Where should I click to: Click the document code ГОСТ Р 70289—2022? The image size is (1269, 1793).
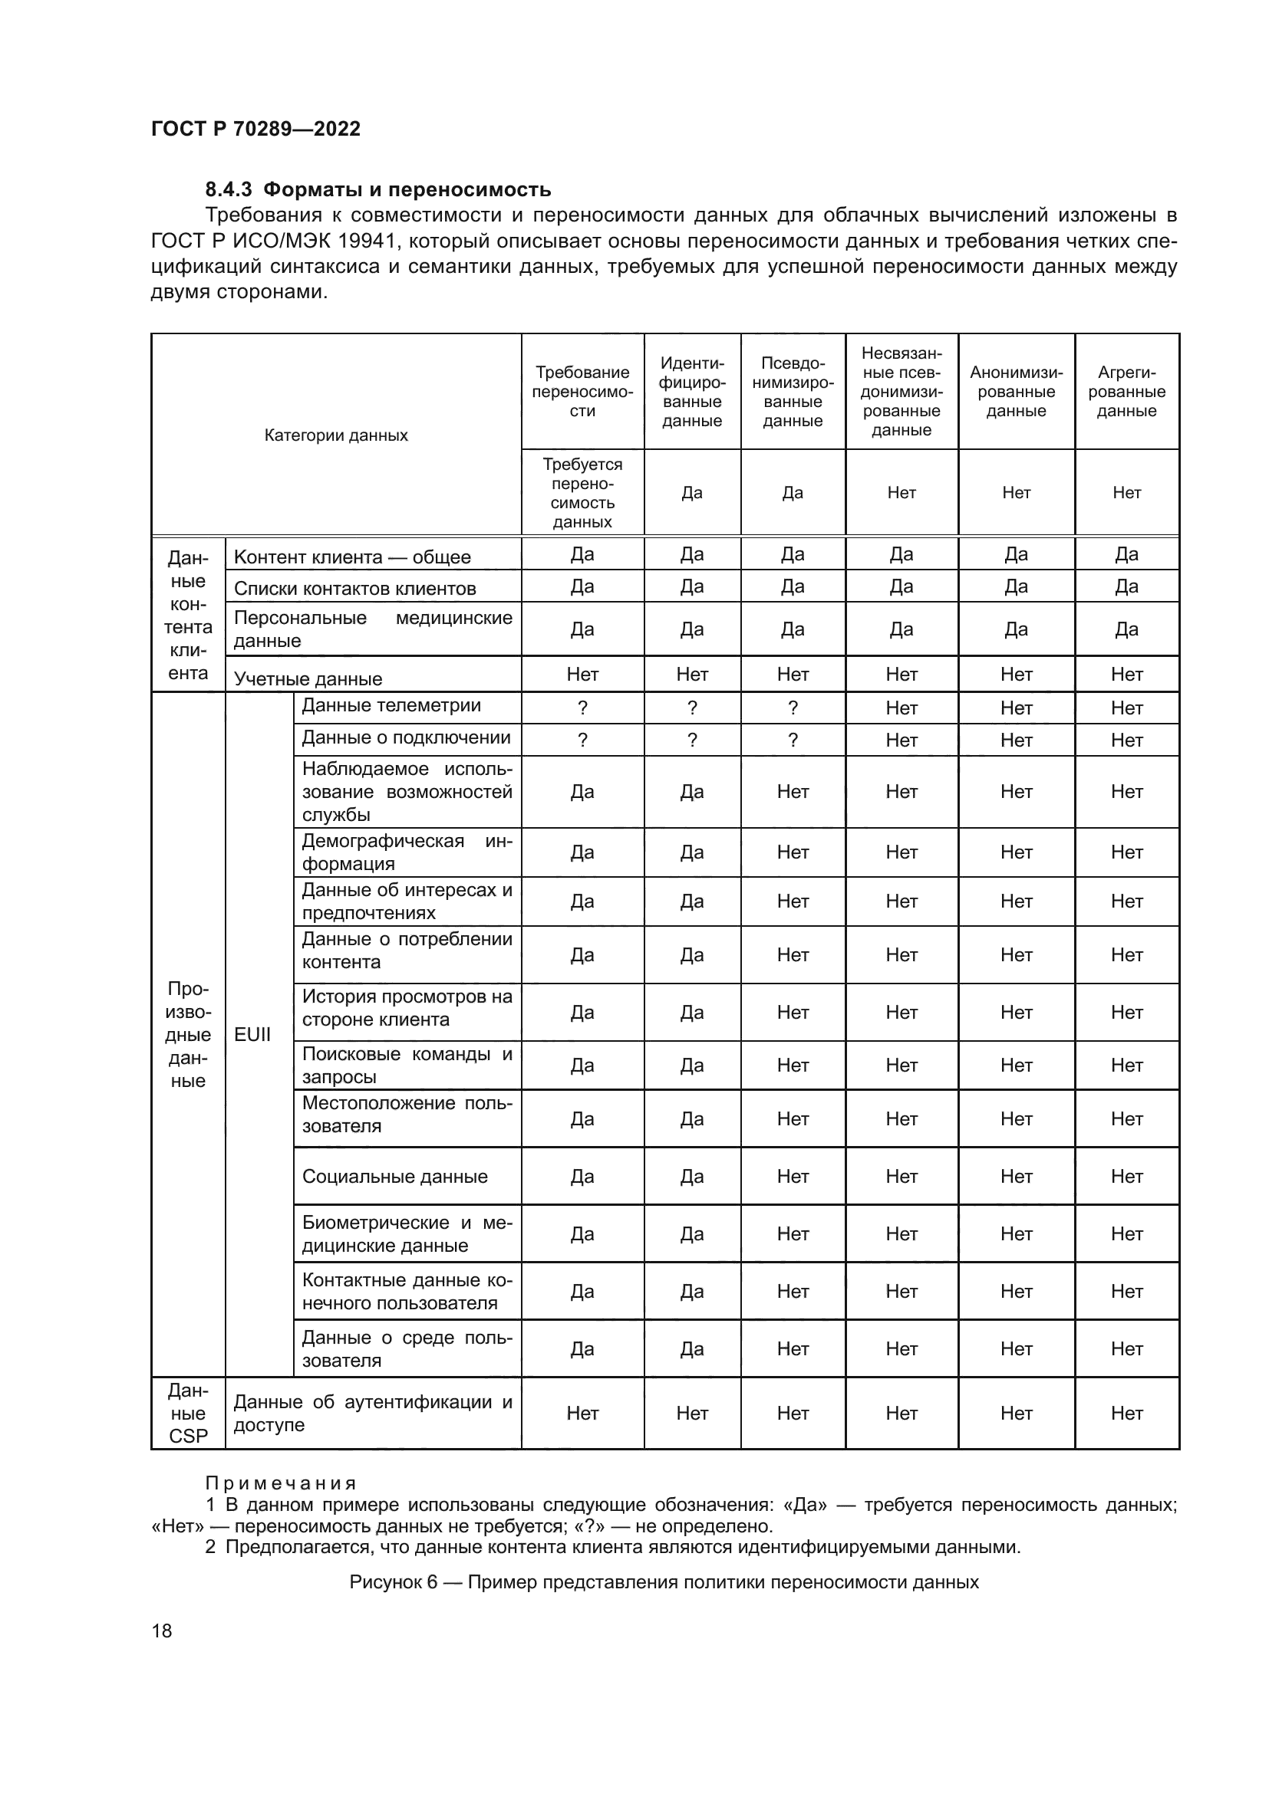coord(255,129)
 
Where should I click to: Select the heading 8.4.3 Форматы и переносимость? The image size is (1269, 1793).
coord(378,190)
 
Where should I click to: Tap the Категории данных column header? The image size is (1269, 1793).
coord(336,435)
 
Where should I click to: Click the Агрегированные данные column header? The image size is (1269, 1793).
coord(1126,392)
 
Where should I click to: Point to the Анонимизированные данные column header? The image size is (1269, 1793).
coord(1016,392)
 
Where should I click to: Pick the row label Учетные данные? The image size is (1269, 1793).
coord(308,678)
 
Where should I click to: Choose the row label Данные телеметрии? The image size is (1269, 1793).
coord(391,706)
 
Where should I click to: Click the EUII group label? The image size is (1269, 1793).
coord(252,1035)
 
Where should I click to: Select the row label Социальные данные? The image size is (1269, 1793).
coord(394,1176)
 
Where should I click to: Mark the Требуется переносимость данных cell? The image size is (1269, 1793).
coord(582,493)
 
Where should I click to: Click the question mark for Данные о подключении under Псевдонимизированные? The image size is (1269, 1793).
coord(793,741)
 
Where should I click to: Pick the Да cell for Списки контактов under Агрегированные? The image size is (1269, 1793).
coord(1126,586)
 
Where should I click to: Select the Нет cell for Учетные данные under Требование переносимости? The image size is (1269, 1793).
coord(582,674)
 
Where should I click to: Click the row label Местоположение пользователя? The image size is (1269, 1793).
coord(407,1115)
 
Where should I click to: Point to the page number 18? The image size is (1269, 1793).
coord(162,1630)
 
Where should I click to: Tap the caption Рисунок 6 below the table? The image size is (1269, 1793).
coord(664,1582)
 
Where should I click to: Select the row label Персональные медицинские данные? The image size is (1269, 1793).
coord(373,629)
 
